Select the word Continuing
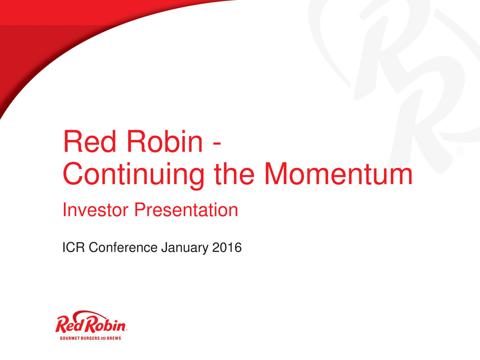133,174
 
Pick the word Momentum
339,174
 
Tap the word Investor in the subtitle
95,210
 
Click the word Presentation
186,210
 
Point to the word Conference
123,247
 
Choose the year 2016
227,247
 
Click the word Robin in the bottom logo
105,324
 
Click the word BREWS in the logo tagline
114,338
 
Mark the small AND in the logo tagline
103,338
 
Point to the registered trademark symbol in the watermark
460,151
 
